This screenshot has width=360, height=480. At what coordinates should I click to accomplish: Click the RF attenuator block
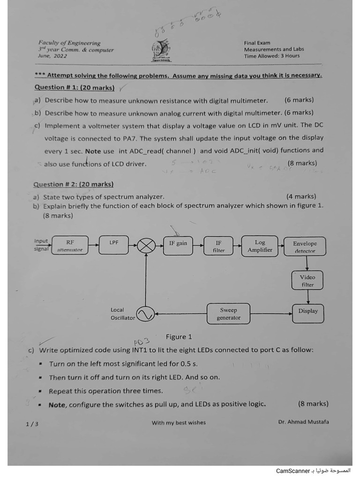pyautogui.click(x=70, y=246)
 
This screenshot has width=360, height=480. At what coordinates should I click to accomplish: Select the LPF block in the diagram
pyautogui.click(x=114, y=245)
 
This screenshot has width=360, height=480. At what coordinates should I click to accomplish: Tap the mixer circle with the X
pyautogui.click(x=146, y=246)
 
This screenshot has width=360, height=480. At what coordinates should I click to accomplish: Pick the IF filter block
pyautogui.click(x=218, y=246)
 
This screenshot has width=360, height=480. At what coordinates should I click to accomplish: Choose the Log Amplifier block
pyautogui.click(x=260, y=246)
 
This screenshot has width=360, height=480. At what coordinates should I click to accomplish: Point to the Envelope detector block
pyautogui.click(x=305, y=247)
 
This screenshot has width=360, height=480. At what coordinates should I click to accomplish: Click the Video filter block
pyautogui.click(x=307, y=280)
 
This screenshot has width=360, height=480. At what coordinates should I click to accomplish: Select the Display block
pyautogui.click(x=307, y=313)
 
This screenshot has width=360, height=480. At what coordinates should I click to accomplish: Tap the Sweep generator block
pyautogui.click(x=228, y=314)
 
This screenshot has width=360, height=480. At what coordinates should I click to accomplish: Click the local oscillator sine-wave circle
pyautogui.click(x=145, y=314)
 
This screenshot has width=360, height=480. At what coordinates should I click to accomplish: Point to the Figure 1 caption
pyautogui.click(x=179, y=337)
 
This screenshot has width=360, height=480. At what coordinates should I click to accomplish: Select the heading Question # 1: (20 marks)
pyautogui.click(x=75, y=87)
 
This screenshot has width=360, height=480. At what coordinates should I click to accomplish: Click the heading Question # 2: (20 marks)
pyautogui.click(x=74, y=184)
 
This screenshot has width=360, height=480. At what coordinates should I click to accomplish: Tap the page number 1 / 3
pyautogui.click(x=32, y=424)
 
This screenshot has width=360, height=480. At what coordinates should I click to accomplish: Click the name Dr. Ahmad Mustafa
pyautogui.click(x=303, y=421)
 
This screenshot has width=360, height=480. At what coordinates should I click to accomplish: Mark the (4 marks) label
pyautogui.click(x=301, y=196)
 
